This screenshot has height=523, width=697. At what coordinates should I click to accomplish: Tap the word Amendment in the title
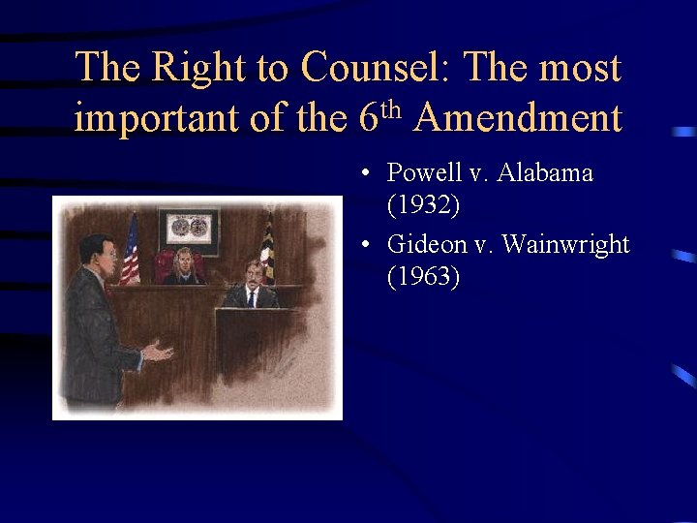click(518, 118)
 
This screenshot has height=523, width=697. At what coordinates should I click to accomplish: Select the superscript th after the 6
click(390, 108)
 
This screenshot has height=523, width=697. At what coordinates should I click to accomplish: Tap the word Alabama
click(546, 173)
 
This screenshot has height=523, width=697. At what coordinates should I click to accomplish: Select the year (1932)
click(423, 205)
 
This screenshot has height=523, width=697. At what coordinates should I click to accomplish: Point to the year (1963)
click(423, 277)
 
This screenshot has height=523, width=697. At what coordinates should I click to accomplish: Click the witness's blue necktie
click(252, 296)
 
